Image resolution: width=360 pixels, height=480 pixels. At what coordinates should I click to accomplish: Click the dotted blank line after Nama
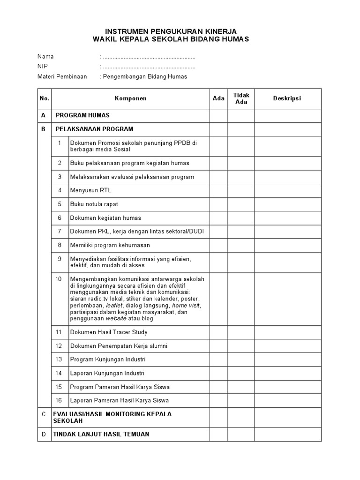click(x=149, y=57)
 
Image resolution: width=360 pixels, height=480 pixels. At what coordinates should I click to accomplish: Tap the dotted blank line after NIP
click(x=149, y=67)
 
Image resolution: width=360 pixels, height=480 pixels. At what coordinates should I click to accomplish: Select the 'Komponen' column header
click(x=130, y=98)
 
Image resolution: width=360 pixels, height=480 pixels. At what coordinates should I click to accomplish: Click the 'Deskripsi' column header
click(x=287, y=98)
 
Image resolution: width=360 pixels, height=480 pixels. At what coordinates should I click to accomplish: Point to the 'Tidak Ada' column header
click(x=241, y=98)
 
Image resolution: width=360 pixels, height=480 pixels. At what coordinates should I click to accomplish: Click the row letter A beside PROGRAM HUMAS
click(x=44, y=115)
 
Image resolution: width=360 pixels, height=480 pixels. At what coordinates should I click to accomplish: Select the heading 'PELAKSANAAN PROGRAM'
click(x=94, y=129)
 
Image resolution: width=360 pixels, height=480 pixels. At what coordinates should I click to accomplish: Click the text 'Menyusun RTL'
click(x=90, y=190)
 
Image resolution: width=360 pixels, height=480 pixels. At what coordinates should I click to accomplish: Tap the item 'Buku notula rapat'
click(x=94, y=204)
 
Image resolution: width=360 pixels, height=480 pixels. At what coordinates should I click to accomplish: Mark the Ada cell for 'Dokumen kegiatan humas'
click(x=218, y=218)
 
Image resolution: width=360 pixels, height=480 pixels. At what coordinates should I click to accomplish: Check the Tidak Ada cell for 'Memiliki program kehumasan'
click(x=241, y=245)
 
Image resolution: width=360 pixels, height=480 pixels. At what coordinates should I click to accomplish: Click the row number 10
click(x=59, y=279)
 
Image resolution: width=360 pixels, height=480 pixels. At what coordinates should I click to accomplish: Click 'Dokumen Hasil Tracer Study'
click(x=109, y=332)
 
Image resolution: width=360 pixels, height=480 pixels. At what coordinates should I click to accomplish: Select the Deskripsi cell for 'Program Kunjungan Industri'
click(x=287, y=360)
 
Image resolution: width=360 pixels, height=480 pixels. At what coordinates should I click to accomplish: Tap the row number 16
click(x=59, y=401)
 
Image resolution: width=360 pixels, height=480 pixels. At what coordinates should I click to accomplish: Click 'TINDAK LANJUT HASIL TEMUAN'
click(x=101, y=434)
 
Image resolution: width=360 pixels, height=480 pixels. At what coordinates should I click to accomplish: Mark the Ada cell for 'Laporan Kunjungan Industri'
click(x=218, y=373)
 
